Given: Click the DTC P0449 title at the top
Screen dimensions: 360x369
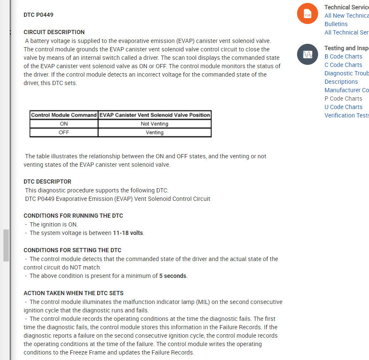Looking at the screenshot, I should pyautogui.click(x=38, y=15).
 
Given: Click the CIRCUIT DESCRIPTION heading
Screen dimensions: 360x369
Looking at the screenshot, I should pyautogui.click(x=54, y=32).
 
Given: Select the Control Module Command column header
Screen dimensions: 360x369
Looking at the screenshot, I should pyautogui.click(x=64, y=115).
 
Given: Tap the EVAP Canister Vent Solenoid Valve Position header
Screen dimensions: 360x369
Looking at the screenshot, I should pyautogui.click(x=154, y=115).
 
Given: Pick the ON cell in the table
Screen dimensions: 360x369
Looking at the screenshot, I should pyautogui.click(x=64, y=124).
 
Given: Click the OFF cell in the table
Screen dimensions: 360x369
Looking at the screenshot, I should pyautogui.click(x=64, y=132).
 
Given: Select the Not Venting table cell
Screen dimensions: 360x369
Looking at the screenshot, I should pyautogui.click(x=154, y=124).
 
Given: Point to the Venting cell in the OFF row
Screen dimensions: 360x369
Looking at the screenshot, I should pyautogui.click(x=154, y=132).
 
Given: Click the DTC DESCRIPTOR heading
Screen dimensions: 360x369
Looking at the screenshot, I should pyautogui.click(x=48, y=181).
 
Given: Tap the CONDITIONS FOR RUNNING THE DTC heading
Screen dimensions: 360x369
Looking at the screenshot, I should pyautogui.click(x=73, y=216).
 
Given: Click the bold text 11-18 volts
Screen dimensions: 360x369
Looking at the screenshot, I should pyautogui.click(x=128, y=233).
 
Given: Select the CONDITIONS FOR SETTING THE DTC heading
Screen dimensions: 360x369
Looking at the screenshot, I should pyautogui.click(x=72, y=250).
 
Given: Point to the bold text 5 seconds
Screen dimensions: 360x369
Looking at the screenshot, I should pyautogui.click(x=173, y=276).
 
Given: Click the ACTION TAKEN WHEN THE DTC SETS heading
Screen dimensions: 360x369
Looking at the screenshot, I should pyautogui.click(x=74, y=293).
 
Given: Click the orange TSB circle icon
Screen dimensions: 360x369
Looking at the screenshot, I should pyautogui.click(x=307, y=13).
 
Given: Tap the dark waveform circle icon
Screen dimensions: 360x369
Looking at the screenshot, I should pyautogui.click(x=307, y=54).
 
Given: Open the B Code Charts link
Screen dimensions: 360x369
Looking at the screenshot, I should pyautogui.click(x=343, y=56).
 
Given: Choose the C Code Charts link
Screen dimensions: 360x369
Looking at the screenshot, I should pyautogui.click(x=343, y=65).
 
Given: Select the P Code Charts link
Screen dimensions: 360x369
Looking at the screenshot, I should pyautogui.click(x=343, y=99).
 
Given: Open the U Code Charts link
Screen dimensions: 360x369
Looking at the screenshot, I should pyautogui.click(x=343, y=107).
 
